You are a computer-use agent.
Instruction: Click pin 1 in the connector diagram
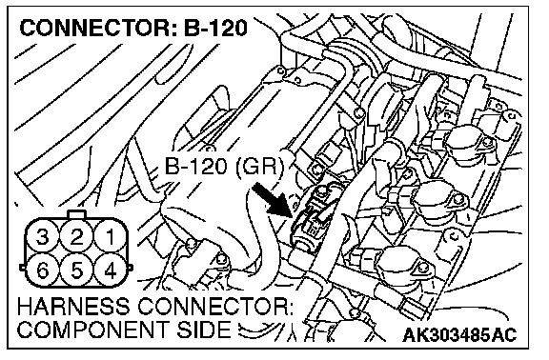click(x=111, y=236)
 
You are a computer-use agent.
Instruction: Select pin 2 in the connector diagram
click(x=76, y=236)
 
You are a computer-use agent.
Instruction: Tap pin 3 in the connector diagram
click(x=43, y=236)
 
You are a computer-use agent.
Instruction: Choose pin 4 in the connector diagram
click(x=111, y=270)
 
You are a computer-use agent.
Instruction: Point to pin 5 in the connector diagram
click(x=76, y=270)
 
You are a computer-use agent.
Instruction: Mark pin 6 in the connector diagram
click(x=43, y=270)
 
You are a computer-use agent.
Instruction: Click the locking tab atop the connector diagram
click(x=76, y=214)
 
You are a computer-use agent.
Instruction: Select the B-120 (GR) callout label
click(x=223, y=167)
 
